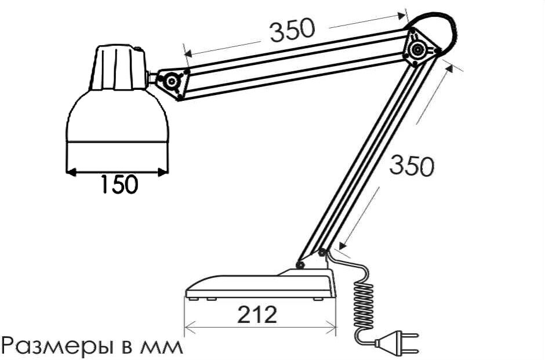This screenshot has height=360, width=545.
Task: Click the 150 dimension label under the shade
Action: (x=119, y=185)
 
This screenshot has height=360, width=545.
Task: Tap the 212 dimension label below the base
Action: (x=257, y=315)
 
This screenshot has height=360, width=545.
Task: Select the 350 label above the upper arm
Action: (x=293, y=31)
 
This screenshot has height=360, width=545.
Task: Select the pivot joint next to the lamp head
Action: (x=172, y=82)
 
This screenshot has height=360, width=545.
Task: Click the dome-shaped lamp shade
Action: (x=118, y=119)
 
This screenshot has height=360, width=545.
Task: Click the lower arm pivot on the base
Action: (x=300, y=265)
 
